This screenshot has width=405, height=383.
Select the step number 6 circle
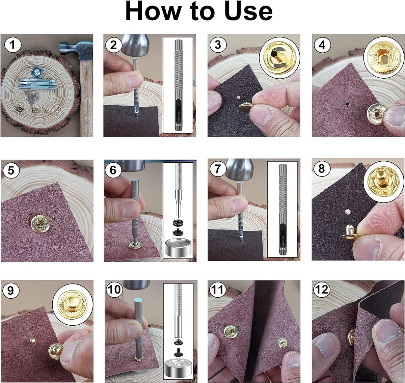[113, 170]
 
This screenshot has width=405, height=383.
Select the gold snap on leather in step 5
[39, 223]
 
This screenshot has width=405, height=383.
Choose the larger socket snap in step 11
[230, 333]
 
